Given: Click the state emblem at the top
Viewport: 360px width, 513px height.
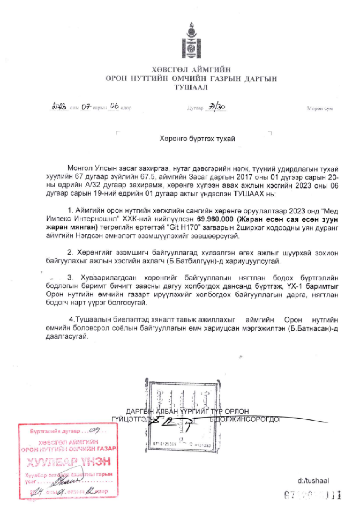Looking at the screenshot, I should click(x=191, y=41).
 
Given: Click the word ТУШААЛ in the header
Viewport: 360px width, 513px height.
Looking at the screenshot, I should click(x=191, y=87).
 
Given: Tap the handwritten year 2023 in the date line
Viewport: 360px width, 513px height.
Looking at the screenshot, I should click(x=59, y=106).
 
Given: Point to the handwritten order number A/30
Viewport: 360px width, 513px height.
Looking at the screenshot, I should click(x=216, y=107).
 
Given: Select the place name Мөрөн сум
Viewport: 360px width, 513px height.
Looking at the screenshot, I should click(x=320, y=108).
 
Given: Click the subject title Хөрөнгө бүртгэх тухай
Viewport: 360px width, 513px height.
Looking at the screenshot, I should click(x=197, y=139).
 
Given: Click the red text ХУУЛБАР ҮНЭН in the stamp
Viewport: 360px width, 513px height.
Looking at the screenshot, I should click(x=68, y=462).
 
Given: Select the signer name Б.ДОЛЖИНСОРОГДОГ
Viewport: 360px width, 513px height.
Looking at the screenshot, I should click(x=245, y=419).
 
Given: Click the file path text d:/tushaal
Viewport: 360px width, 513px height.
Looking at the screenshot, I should click(x=313, y=481).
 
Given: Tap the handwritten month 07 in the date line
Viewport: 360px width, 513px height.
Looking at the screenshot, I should click(x=86, y=107).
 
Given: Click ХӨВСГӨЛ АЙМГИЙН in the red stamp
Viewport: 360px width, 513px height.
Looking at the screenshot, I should click(x=68, y=442).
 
